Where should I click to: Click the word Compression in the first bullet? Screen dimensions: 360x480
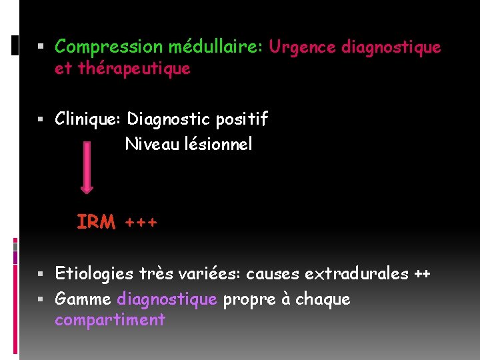(x=109, y=47)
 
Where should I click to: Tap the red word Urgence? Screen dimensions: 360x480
(x=302, y=47)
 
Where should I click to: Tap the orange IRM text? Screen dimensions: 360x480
(x=96, y=222)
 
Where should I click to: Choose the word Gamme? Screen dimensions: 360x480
(x=83, y=299)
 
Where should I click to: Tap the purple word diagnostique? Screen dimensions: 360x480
(x=167, y=299)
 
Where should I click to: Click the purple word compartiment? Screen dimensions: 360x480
(x=110, y=320)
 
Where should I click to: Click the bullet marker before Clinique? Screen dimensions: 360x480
(x=41, y=120)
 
